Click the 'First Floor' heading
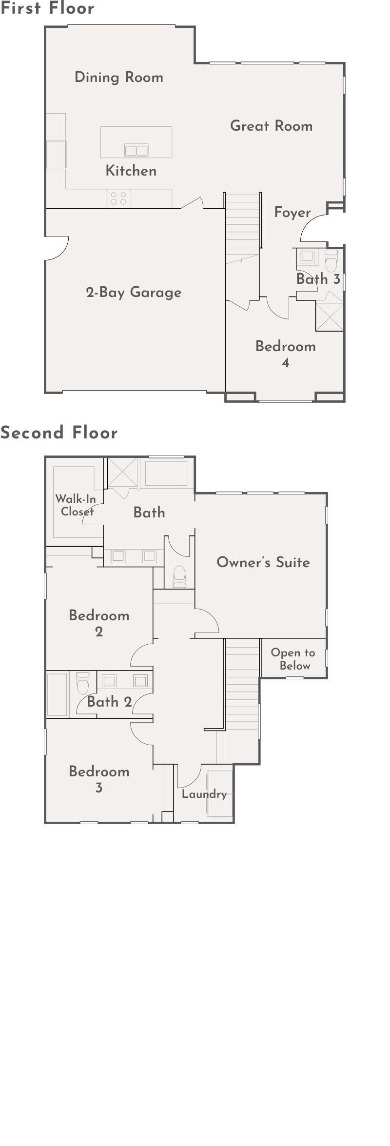point(47,8)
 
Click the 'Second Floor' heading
point(59,433)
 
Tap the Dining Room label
point(119,77)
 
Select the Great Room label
point(272,126)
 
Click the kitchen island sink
point(136,150)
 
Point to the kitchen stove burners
point(118,198)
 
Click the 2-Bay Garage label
point(134,293)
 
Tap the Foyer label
point(292,213)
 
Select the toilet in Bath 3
point(331,260)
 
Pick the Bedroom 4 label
point(286,354)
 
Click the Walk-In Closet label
point(76,505)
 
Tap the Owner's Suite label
point(263,562)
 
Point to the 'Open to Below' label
point(293,659)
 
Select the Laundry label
point(204,794)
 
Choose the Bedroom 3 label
point(99,779)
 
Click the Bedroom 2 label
point(99,623)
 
